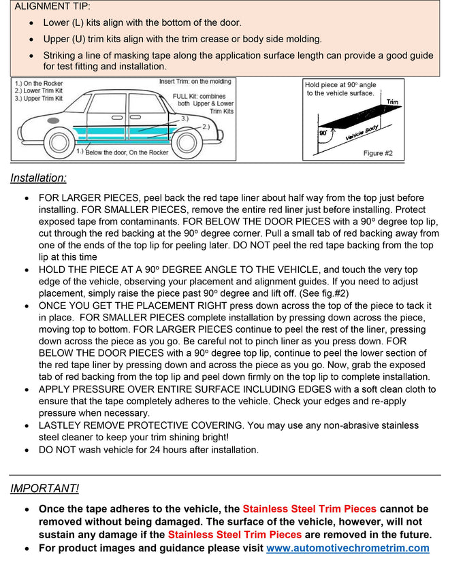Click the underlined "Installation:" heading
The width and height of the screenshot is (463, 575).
click(x=38, y=178)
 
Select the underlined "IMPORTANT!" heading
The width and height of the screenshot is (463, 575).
click(x=44, y=489)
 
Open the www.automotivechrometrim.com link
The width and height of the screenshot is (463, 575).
click(x=347, y=548)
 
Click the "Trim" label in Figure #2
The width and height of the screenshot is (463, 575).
click(x=392, y=102)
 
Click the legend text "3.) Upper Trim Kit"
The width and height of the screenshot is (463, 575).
click(x=39, y=99)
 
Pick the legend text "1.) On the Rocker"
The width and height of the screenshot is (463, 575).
click(x=38, y=84)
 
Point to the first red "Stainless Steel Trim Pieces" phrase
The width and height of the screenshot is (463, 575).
click(x=309, y=509)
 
